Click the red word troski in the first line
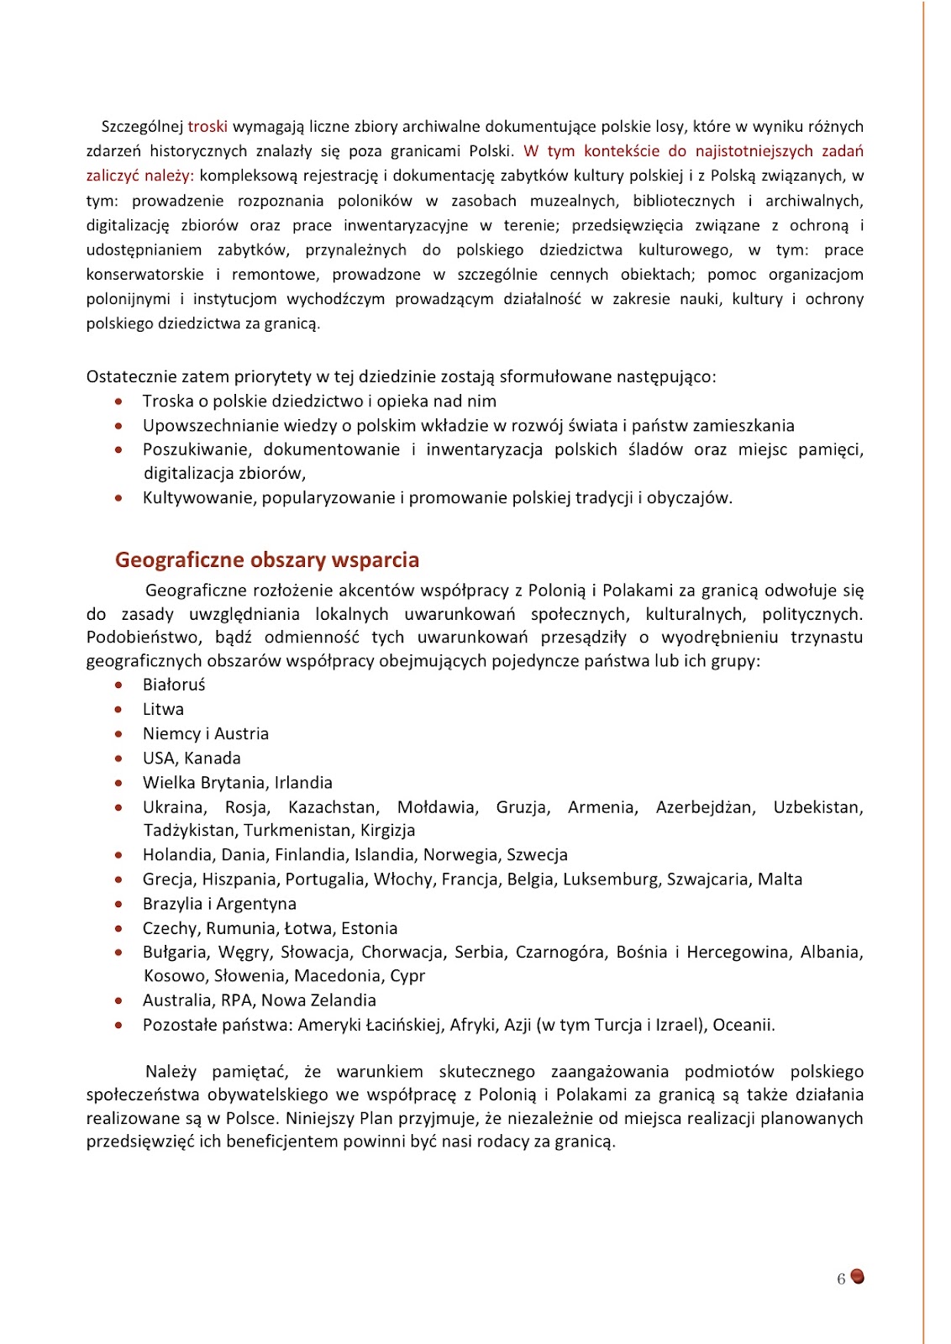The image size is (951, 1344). [x=208, y=127]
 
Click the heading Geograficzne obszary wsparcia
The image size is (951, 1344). [x=266, y=560]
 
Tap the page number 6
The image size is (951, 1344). [x=841, y=1279]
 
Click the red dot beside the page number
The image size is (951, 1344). [x=858, y=1277]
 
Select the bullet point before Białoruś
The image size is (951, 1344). [x=119, y=685]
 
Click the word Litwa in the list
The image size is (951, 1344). [x=163, y=710]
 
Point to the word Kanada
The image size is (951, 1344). [x=213, y=759]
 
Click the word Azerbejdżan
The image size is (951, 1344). [x=705, y=807]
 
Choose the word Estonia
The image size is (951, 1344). [x=369, y=928]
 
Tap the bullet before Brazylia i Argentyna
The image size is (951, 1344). [x=119, y=905]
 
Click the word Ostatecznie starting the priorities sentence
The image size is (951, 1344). [x=130, y=377]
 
